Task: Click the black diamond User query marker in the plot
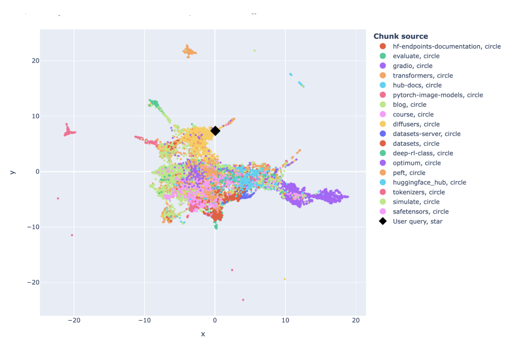(x=215, y=131)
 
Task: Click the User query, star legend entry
(x=417, y=221)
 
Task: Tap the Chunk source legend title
(x=400, y=36)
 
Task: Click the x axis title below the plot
(x=203, y=334)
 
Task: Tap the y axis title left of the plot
(x=12, y=172)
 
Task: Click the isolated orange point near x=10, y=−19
(x=285, y=279)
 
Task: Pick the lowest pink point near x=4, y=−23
(x=243, y=300)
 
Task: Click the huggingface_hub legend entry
(x=429, y=182)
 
